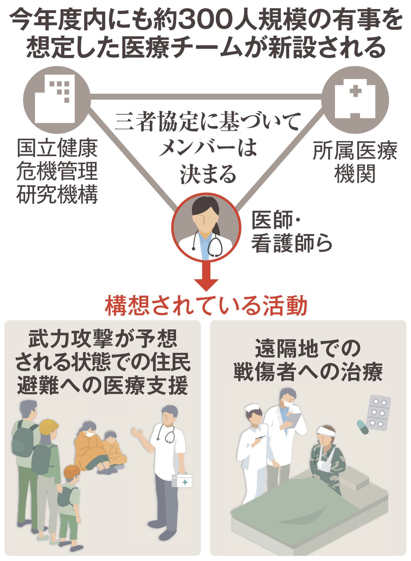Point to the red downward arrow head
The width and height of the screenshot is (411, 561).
pos(206,285)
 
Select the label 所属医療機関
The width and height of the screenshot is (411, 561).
pos(354,162)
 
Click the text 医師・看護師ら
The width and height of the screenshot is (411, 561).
pos(291,232)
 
